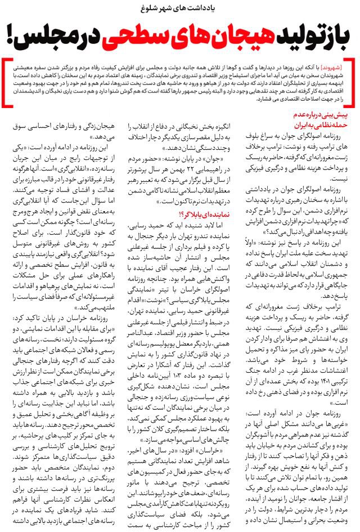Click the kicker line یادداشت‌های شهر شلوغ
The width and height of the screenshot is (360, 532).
[x=180, y=8]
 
